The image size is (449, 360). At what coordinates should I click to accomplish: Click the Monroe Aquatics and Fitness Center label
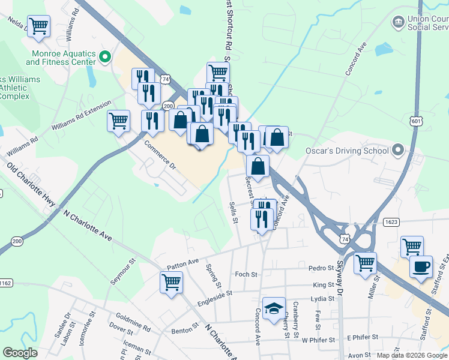pos(61,58)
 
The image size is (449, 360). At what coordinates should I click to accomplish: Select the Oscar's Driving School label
pos(348,151)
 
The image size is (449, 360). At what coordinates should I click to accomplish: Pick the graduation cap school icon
pos(274,308)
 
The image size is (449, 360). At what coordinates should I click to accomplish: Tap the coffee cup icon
pos(421,266)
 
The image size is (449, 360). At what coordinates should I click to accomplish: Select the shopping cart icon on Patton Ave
pos(171,281)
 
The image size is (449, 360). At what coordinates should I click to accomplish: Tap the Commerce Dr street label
pos(160,154)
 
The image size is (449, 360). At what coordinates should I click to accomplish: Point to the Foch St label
pos(246,274)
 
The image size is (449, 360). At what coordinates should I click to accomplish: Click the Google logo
pos(20,353)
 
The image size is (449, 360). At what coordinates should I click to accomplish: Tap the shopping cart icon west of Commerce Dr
pos(118,120)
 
